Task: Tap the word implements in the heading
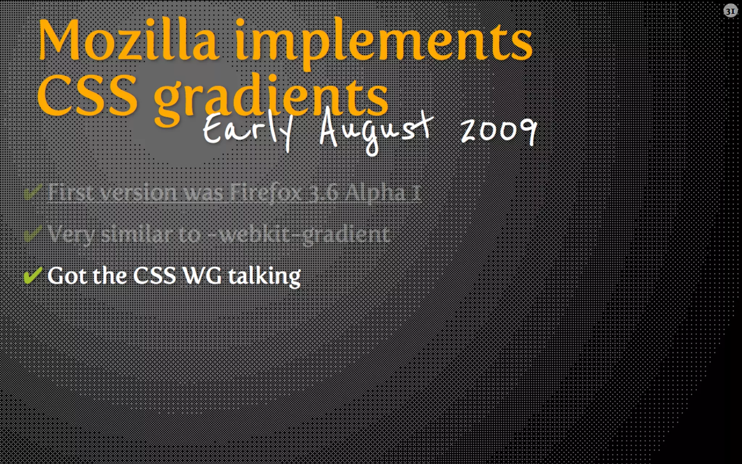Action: (384, 43)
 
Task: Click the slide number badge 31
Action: (730, 11)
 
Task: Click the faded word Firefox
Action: (266, 192)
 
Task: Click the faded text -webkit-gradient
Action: (304, 235)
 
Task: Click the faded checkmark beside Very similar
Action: (33, 233)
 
